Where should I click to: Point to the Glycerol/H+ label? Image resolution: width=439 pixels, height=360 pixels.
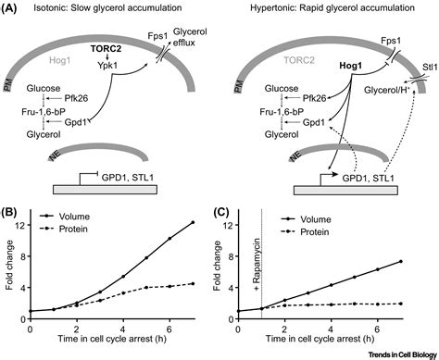(x=384, y=90)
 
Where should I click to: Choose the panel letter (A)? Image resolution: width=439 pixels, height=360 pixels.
(x=12, y=9)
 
